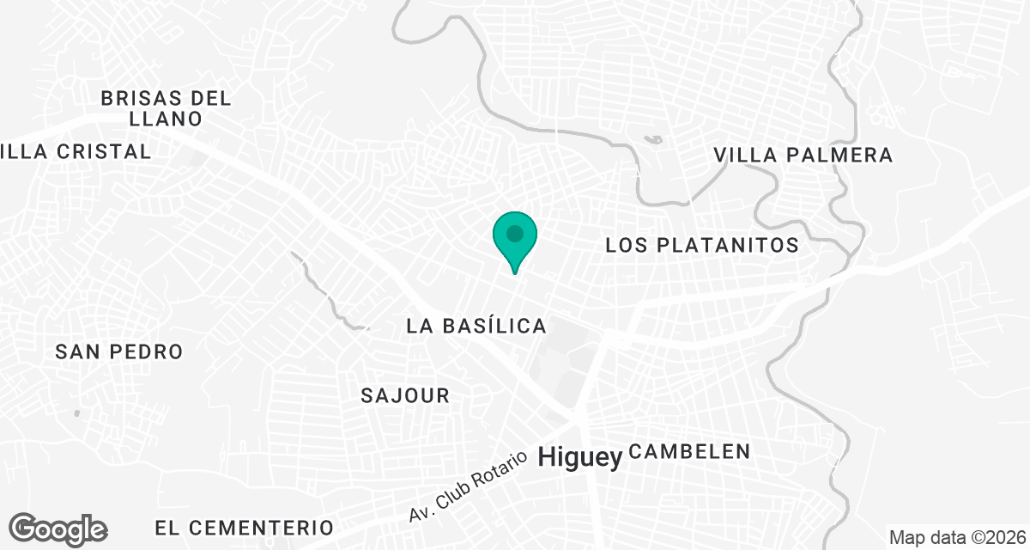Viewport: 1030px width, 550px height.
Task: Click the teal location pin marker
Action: [514, 240]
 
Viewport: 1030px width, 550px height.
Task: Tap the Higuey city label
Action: [579, 459]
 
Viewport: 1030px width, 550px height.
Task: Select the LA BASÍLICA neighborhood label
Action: [476, 326]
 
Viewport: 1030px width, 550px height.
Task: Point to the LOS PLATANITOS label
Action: [702, 245]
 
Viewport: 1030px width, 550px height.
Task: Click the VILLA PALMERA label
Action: [804, 156]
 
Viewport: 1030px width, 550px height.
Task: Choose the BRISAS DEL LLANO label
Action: [166, 107]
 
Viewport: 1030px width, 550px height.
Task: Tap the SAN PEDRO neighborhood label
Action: [119, 351]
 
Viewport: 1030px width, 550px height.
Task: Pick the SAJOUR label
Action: [405, 395]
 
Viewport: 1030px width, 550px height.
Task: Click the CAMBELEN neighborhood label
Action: [690, 451]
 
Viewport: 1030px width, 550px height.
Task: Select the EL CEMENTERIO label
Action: [244, 526]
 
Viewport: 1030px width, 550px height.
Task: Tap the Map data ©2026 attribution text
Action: [957, 538]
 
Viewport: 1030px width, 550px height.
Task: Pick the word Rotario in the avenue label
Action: [494, 470]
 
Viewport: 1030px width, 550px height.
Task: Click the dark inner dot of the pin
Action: [514, 233]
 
